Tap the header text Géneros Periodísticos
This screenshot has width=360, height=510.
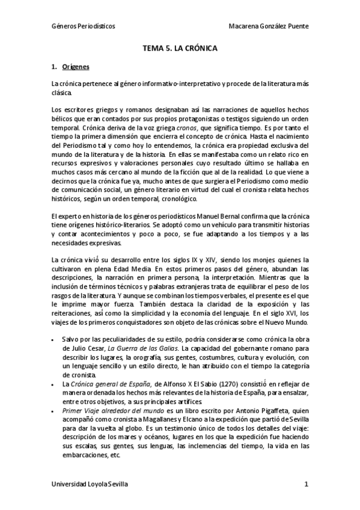coord(84,27)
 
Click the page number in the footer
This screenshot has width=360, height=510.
coord(306,484)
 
